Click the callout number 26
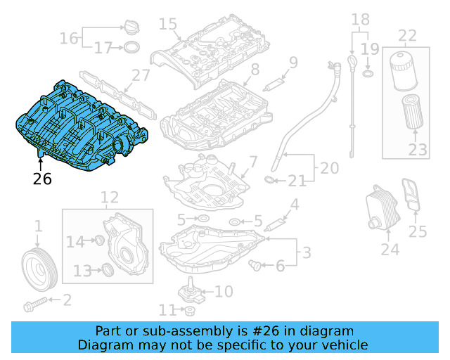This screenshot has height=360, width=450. pyautogui.click(x=42, y=179)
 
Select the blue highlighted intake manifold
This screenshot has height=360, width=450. pyautogui.click(x=81, y=127)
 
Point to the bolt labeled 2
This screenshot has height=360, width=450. pyautogui.click(x=35, y=305)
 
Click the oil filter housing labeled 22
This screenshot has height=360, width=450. pyautogui.click(x=404, y=71)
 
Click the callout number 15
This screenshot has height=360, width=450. pyautogui.click(x=167, y=25)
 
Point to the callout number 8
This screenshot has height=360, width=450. pyautogui.click(x=255, y=69)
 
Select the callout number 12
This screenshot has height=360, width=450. pyautogui.click(x=109, y=198)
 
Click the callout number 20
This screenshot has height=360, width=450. pyautogui.click(x=330, y=169)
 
